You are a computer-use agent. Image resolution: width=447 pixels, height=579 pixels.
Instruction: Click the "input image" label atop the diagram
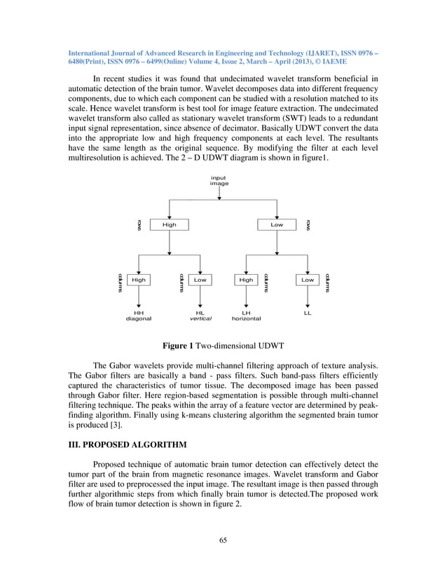[219, 181]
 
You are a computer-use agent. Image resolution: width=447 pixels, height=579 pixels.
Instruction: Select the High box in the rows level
[170, 225]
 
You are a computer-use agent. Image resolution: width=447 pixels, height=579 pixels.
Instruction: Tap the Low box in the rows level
[277, 225]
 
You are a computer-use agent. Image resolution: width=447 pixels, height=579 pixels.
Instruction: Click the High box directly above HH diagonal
[139, 280]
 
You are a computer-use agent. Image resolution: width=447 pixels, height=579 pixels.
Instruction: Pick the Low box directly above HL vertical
[200, 280]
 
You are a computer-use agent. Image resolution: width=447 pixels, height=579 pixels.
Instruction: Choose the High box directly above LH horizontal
[246, 280]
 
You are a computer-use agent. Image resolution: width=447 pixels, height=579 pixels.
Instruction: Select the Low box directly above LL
[308, 280]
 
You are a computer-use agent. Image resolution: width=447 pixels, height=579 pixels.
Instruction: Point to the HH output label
[139, 313]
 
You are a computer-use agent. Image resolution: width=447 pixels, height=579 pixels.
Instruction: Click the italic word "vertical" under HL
[200, 318]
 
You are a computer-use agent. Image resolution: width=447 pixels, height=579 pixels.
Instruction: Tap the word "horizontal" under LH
[246, 318]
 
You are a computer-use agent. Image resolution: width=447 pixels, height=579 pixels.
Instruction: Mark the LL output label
[308, 313]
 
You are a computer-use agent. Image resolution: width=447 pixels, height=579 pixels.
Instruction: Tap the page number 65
[223, 540]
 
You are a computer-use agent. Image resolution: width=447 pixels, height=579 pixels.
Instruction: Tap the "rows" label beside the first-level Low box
[308, 225]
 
